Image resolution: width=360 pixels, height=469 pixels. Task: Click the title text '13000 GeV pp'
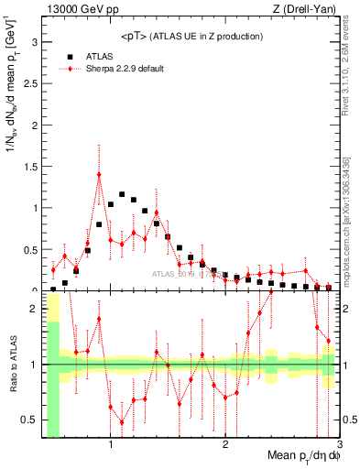(x=74, y=10)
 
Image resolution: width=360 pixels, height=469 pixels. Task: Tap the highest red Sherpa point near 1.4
(x=99, y=174)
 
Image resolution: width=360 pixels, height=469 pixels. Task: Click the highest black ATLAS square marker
(x=122, y=194)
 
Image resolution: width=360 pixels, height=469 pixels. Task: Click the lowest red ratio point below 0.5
(x=122, y=422)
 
